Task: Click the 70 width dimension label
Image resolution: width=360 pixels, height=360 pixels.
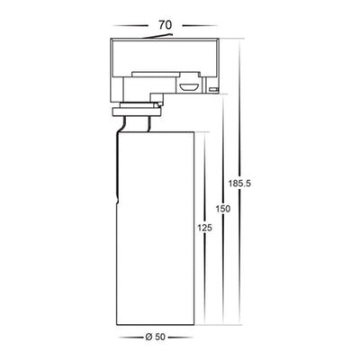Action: (166, 25)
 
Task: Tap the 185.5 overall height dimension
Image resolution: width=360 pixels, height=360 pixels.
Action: (239, 183)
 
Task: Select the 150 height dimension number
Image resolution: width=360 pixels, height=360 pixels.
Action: (223, 209)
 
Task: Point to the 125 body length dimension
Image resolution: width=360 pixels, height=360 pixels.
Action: (204, 228)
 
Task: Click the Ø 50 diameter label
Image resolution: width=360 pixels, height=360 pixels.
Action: (155, 337)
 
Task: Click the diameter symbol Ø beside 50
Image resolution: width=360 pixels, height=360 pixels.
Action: (148, 337)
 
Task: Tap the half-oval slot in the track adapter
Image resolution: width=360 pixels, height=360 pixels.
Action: (189, 86)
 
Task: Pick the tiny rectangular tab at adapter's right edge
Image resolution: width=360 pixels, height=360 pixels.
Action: (213, 89)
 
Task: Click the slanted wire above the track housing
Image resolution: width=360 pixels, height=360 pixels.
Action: (157, 37)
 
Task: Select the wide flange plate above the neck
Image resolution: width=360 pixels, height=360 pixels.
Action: (137, 112)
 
